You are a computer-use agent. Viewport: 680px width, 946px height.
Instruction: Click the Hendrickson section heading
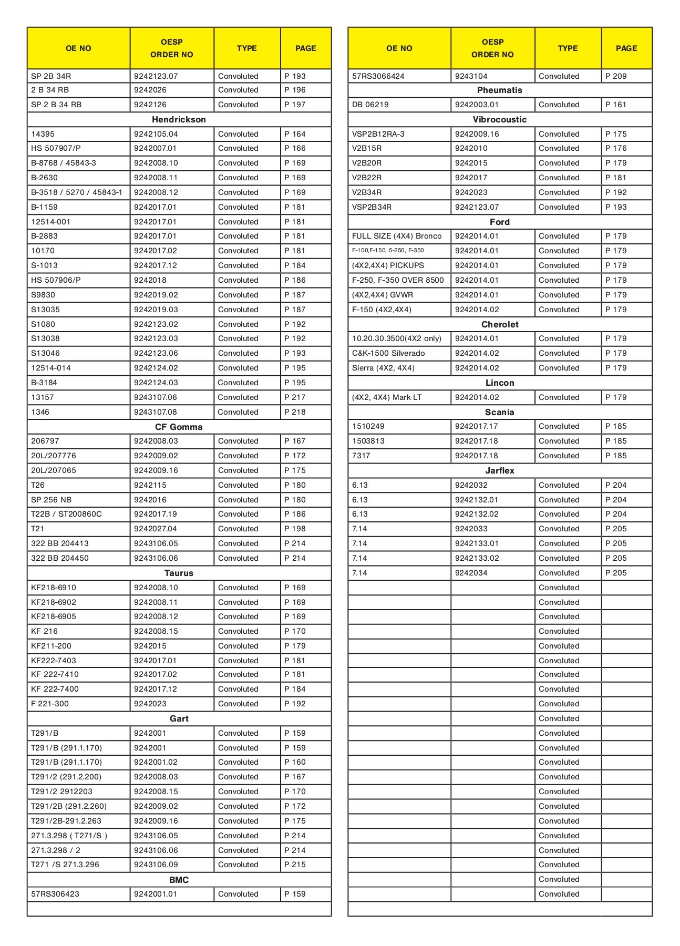(179, 119)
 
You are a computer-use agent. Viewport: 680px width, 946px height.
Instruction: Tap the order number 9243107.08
(156, 412)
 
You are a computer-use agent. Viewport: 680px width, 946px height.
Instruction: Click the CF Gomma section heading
(179, 427)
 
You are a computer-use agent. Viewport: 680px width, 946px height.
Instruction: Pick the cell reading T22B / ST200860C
(66, 514)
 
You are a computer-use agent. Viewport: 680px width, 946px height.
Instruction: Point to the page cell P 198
(295, 529)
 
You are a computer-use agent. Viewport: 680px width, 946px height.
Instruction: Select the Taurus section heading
(179, 573)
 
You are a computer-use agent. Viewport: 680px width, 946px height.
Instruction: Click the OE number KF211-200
(51, 646)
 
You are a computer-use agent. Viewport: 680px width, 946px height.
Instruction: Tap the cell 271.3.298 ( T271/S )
(69, 836)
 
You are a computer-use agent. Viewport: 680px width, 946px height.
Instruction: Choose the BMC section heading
(179, 880)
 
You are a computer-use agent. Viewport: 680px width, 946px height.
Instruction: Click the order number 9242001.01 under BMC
(156, 894)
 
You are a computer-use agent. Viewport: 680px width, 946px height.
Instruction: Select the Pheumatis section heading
(499, 90)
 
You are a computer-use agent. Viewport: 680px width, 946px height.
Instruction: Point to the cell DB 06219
(370, 105)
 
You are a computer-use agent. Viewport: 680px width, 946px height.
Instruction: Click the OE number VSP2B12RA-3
(378, 134)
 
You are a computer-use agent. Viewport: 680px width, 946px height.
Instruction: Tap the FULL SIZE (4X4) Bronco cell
(397, 236)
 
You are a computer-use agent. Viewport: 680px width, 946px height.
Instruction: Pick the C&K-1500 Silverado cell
(388, 353)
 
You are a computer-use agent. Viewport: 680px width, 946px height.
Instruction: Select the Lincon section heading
(499, 383)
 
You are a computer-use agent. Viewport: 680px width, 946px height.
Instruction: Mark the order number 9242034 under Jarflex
(471, 573)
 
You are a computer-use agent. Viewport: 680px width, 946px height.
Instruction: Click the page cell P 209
(616, 76)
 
